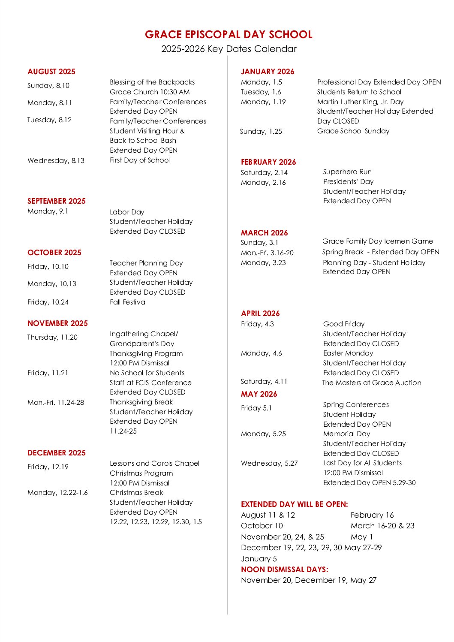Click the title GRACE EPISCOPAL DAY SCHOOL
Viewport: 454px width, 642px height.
click(x=229, y=35)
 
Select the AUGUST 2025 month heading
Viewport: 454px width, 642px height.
click(x=51, y=72)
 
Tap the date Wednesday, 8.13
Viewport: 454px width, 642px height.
click(x=56, y=161)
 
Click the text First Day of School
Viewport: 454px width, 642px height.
click(x=140, y=160)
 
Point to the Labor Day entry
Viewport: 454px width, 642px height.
click(x=127, y=212)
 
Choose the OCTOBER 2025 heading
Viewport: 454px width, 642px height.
click(x=54, y=253)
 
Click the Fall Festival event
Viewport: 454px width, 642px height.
click(x=128, y=302)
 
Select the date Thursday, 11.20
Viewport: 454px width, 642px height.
click(x=52, y=338)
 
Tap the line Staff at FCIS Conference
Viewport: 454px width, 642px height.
click(x=150, y=383)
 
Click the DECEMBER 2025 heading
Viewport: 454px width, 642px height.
click(x=57, y=453)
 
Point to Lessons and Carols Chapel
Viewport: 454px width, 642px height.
click(x=154, y=464)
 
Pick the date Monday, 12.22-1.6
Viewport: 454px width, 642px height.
click(x=57, y=493)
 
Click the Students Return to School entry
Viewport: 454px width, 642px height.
click(x=359, y=92)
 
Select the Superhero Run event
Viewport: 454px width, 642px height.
click(x=347, y=172)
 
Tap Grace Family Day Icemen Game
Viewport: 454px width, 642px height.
click(x=378, y=241)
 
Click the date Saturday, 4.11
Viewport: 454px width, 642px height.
click(x=264, y=382)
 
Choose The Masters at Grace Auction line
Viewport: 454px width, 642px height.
click(x=372, y=383)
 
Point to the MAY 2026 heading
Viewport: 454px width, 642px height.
click(x=259, y=394)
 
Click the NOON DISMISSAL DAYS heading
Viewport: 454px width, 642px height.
click(x=285, y=570)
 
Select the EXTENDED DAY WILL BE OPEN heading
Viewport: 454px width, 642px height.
click(x=295, y=504)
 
